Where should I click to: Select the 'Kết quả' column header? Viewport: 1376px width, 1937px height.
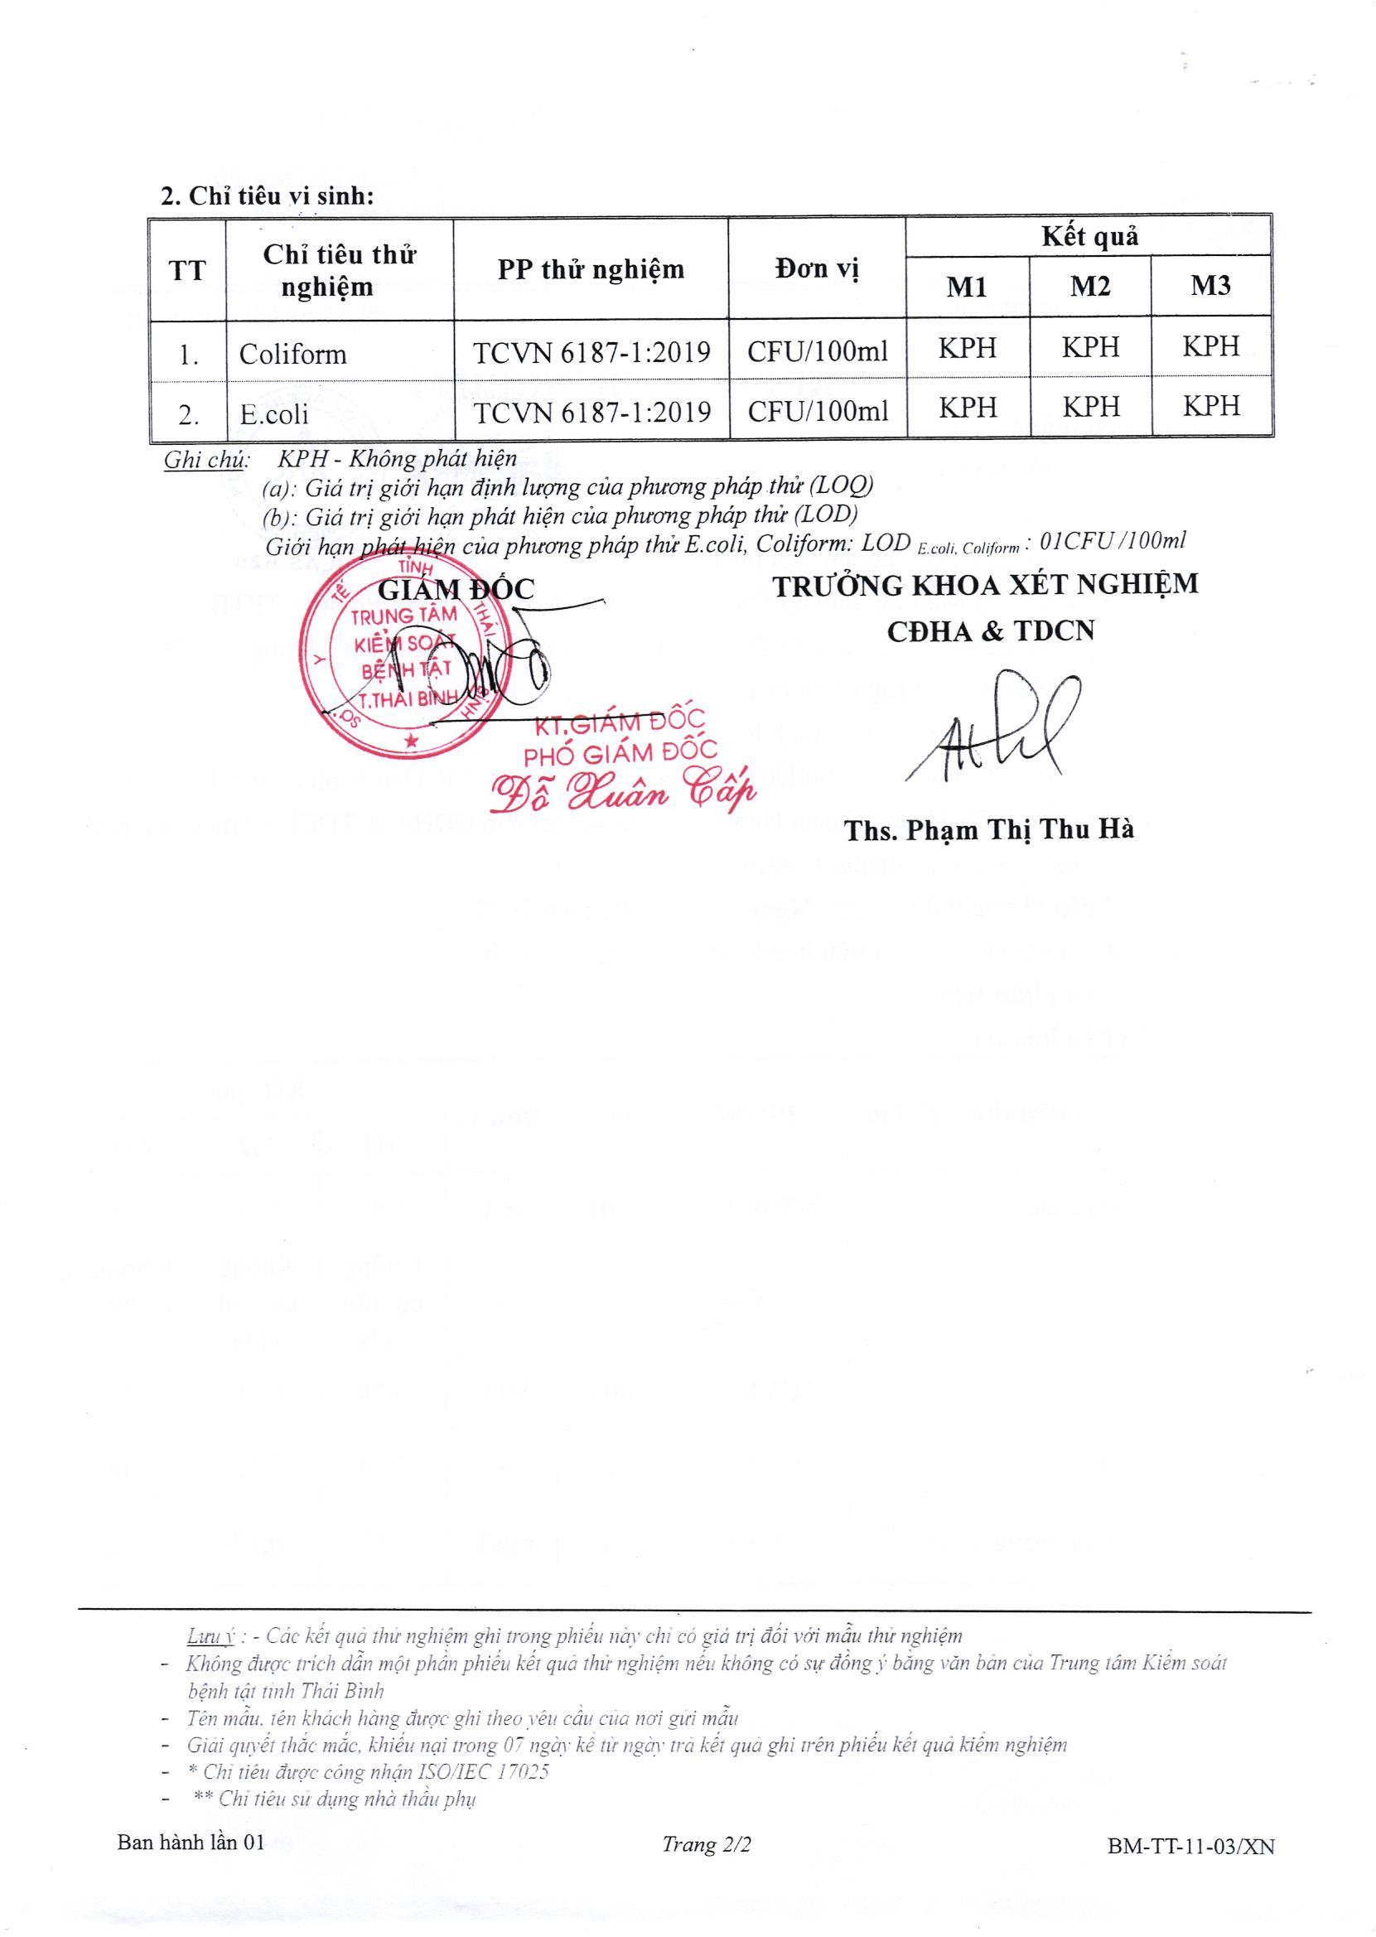[x=1089, y=238]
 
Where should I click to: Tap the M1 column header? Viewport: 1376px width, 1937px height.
[x=967, y=287]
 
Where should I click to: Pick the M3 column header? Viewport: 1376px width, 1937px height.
[x=1210, y=287]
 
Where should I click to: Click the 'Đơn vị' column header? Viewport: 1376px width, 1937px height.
[x=817, y=269]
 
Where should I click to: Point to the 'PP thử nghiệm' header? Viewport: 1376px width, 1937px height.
[x=591, y=269]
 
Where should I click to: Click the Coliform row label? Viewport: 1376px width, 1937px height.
[x=293, y=353]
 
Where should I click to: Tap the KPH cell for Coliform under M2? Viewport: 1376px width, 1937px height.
[x=1089, y=347]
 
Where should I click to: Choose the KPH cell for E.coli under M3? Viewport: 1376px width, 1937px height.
[x=1211, y=408]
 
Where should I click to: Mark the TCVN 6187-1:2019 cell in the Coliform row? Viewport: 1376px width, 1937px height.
[x=591, y=351]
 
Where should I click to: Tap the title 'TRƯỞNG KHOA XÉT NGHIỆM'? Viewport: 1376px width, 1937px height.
[x=987, y=586]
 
